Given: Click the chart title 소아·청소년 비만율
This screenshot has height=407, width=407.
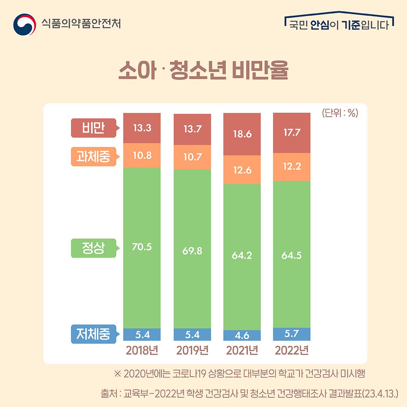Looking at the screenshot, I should [x=203, y=70].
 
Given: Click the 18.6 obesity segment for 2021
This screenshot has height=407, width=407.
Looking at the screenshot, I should [x=242, y=134].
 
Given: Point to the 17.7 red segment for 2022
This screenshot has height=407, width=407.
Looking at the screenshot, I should [x=292, y=133].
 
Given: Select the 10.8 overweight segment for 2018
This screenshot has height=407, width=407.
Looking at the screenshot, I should [x=142, y=155].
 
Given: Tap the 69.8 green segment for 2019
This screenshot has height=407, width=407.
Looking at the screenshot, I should [x=192, y=251].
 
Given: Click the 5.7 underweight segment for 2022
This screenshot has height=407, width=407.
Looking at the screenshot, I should [x=292, y=334].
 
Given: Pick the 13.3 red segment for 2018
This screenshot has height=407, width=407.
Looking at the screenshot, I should [x=142, y=128].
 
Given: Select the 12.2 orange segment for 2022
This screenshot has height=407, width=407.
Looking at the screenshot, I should [x=292, y=167].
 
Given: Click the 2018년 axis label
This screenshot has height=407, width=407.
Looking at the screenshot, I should [x=142, y=350].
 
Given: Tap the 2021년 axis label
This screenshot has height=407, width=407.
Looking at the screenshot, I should [x=242, y=350].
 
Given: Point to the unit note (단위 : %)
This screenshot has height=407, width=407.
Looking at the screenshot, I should [x=340, y=113].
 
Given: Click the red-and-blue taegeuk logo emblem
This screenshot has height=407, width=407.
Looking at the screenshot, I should [x=24, y=24].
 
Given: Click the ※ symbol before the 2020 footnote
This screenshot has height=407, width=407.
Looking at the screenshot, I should [x=118, y=374].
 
